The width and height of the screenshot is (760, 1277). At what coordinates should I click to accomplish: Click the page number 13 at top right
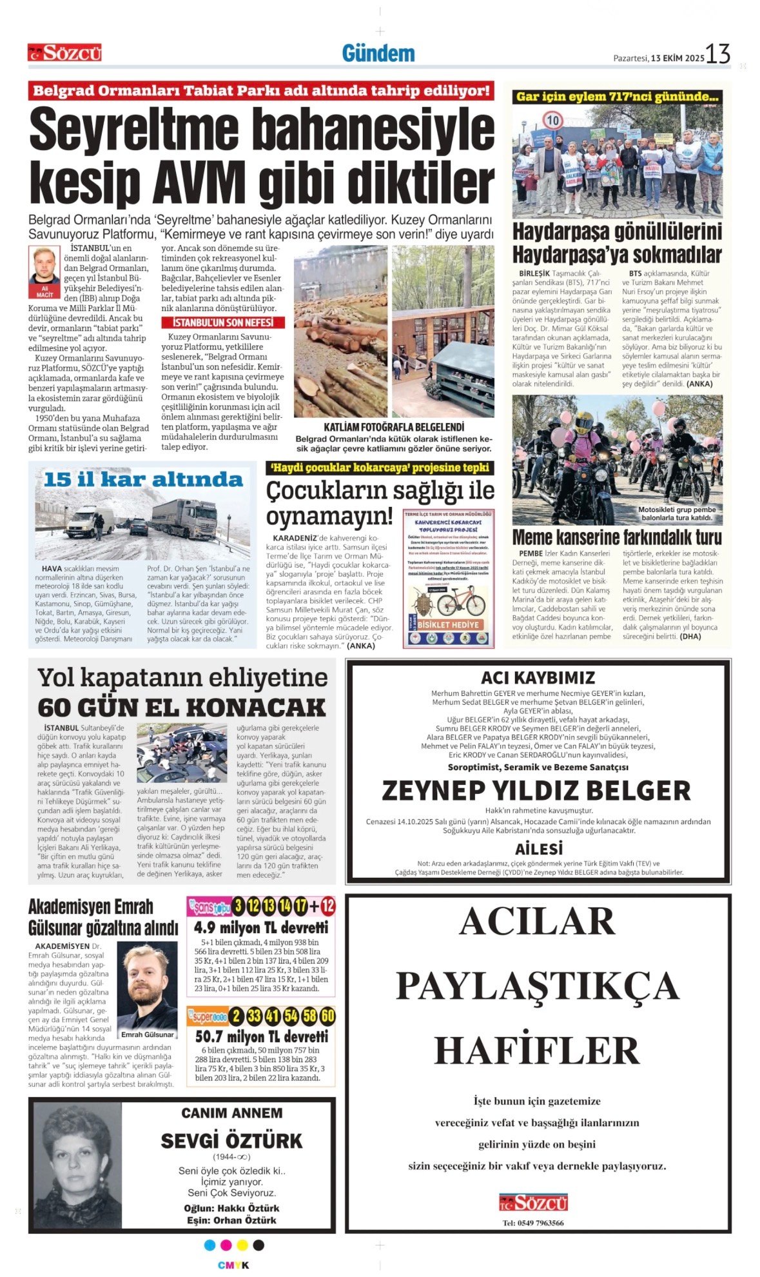pos(717,54)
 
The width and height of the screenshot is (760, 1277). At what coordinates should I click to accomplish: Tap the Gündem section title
pos(378,54)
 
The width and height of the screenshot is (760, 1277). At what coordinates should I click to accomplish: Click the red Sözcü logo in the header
pos(64,53)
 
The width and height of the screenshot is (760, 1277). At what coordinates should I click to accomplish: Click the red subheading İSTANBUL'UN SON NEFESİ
pos(222,322)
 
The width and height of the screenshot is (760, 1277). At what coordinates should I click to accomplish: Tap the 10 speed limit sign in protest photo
pos(553,121)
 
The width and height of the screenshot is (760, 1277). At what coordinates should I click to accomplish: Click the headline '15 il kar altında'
pos(143,480)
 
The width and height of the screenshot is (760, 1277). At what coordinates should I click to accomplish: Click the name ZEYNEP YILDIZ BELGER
pos(536,790)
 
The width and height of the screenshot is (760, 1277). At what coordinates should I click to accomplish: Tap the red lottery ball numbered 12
pos(328,907)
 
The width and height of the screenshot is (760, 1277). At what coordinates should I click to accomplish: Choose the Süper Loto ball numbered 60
pos(327,1016)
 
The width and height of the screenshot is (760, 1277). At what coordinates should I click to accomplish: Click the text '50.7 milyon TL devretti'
pos(261,1037)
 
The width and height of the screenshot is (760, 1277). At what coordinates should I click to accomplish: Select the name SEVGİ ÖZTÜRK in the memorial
pos(231,1141)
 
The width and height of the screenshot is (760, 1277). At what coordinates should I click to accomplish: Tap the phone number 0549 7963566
pos(532,1223)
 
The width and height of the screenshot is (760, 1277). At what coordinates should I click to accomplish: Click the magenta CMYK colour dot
pos(226,1245)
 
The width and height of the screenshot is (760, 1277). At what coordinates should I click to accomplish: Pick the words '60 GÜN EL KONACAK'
pos(182,708)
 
